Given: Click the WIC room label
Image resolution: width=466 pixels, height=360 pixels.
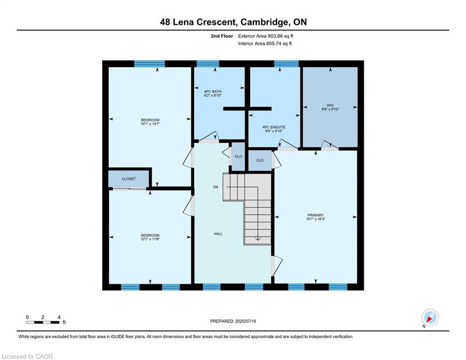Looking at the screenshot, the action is (x=330, y=105).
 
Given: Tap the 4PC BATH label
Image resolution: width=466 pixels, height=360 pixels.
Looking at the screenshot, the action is (x=213, y=91).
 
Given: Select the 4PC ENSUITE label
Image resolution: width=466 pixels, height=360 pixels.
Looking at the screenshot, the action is (x=274, y=127).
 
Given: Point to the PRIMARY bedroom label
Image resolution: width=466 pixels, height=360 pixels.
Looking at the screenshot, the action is (x=316, y=215).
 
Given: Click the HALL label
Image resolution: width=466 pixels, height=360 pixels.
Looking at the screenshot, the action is (x=218, y=234).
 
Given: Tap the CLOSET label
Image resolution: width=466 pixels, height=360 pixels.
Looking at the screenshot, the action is (x=129, y=179).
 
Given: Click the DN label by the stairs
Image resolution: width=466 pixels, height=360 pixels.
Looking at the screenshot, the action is (x=215, y=187).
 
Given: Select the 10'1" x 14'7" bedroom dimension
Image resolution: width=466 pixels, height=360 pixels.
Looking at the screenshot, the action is (x=150, y=124).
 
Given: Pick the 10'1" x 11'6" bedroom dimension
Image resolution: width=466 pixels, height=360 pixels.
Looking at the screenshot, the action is (x=150, y=239).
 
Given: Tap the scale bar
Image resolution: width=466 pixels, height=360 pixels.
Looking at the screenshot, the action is (x=43, y=322).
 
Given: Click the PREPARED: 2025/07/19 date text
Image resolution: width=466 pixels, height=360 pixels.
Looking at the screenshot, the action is (x=233, y=321).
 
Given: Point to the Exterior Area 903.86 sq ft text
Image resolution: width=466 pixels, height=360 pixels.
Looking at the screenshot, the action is (x=266, y=36).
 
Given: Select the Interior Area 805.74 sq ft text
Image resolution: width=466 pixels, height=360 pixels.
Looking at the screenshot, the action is (x=265, y=44).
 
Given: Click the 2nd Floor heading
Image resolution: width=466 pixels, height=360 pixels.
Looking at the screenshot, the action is (x=222, y=36).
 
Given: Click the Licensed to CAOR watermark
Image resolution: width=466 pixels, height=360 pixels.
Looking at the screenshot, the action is (x=27, y=356).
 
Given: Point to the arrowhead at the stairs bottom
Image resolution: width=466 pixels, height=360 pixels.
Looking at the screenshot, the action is (x=258, y=239).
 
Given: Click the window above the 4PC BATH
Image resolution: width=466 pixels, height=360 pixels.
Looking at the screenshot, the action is (x=208, y=64).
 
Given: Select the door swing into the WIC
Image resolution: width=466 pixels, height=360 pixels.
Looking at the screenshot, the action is (x=330, y=144).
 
